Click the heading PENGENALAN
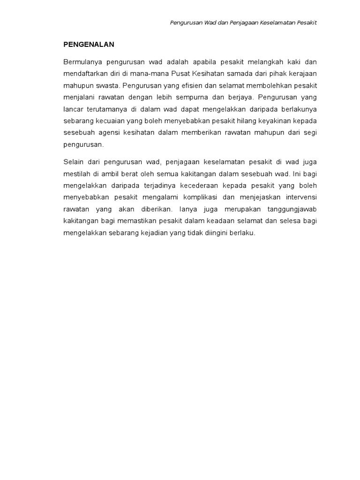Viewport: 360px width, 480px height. click(x=89, y=45)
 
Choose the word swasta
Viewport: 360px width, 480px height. click(x=107, y=86)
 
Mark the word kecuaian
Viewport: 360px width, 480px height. click(x=106, y=121)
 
